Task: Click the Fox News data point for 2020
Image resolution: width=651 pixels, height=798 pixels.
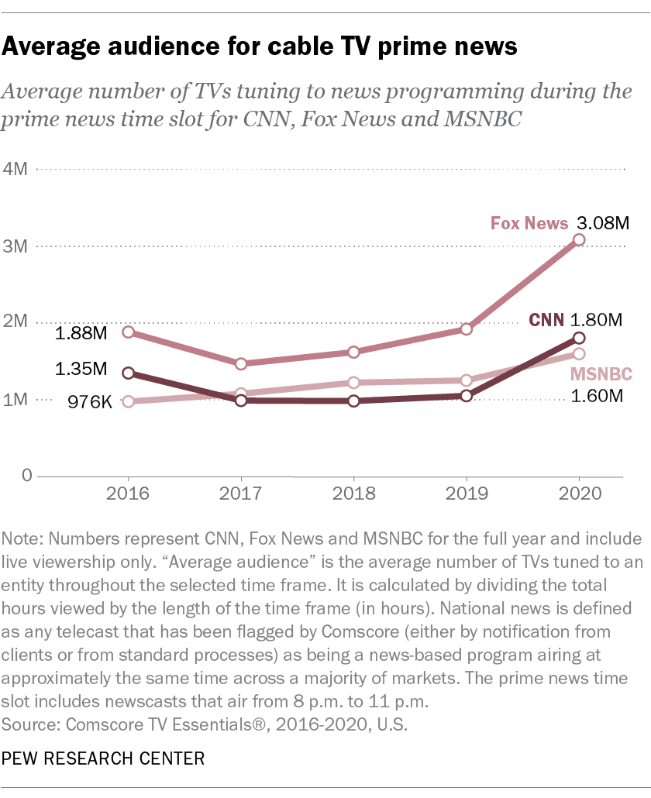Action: point(579,240)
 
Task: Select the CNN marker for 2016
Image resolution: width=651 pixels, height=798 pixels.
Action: point(128,373)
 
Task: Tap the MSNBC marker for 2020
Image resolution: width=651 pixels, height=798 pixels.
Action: point(579,354)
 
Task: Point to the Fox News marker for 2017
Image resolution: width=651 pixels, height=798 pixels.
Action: point(241,364)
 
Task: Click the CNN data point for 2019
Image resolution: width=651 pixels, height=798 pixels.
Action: point(467,396)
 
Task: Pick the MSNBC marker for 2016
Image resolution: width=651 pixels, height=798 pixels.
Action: point(128,402)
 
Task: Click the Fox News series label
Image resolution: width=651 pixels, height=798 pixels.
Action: point(529,224)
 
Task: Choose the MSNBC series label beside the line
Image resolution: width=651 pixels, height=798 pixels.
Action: point(601,375)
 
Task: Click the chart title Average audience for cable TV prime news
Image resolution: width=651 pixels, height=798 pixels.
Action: point(260,47)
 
